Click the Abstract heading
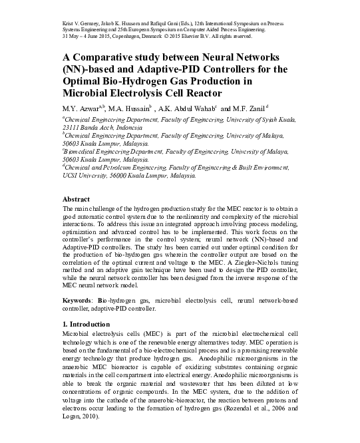click(x=76, y=199)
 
